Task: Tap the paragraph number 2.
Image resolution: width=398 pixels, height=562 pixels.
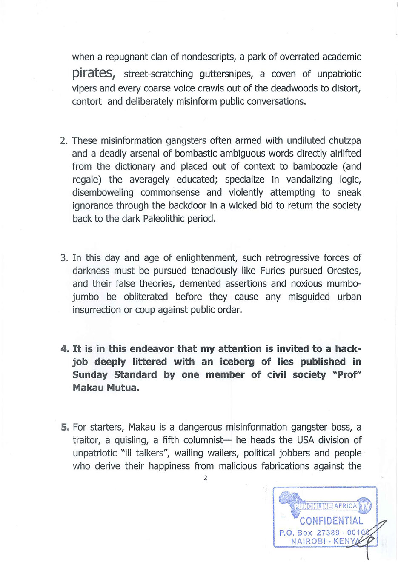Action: [64, 141]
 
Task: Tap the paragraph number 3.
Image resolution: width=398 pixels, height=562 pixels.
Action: [64, 258]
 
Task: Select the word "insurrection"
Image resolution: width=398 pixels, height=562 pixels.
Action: [97, 310]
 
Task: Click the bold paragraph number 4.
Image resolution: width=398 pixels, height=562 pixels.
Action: [65, 349]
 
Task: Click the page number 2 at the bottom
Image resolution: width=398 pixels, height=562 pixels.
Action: [205, 478]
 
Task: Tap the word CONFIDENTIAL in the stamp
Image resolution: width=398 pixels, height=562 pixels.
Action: [331, 521]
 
